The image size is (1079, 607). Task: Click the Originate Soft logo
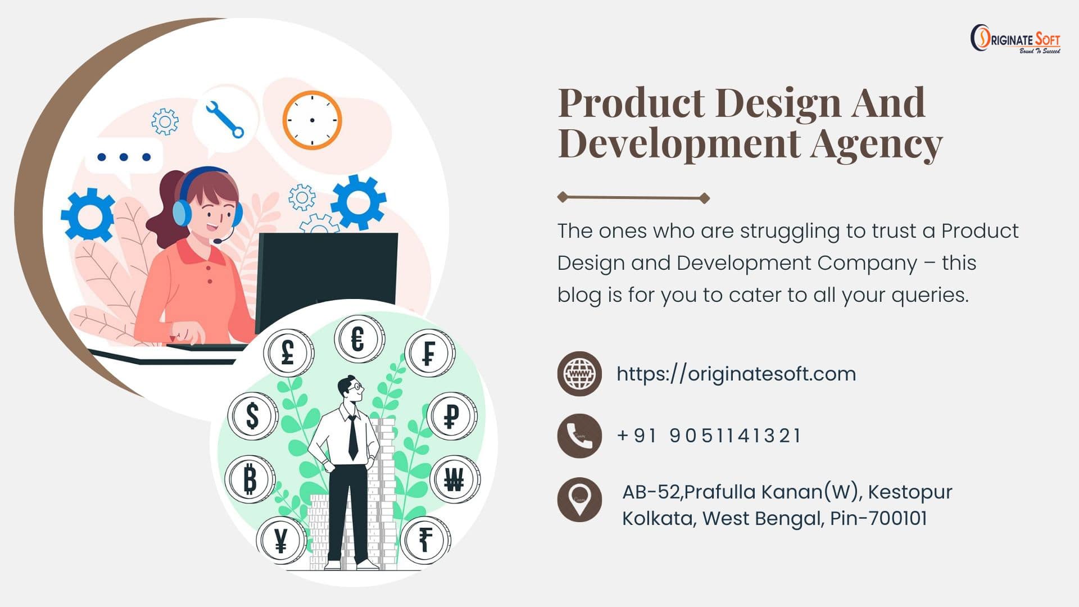coord(1015,39)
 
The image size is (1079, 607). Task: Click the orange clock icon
coord(312,120)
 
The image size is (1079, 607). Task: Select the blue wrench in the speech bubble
coord(224,119)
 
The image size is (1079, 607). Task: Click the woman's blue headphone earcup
coord(182,212)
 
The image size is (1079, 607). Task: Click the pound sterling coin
coord(288,352)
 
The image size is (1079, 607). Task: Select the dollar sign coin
coord(253,416)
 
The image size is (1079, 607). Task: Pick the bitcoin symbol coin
coord(250,479)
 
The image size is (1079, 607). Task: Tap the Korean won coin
coord(454,479)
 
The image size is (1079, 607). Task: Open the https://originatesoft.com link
coord(736,374)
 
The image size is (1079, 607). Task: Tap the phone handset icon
coord(579,436)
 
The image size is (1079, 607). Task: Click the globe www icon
coord(579,374)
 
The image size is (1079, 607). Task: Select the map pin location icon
coord(579,499)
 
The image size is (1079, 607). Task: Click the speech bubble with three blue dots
coord(124,157)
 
